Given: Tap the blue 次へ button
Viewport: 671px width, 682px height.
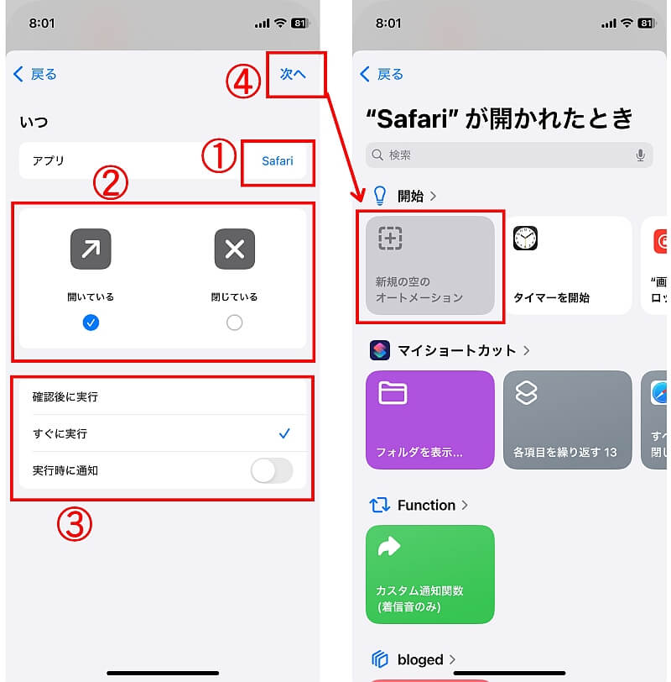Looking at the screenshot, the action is (293, 74).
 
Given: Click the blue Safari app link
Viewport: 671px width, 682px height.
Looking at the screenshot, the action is (277, 161).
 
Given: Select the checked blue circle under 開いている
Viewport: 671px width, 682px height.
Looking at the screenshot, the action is (91, 323).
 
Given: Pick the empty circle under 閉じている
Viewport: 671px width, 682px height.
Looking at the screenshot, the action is (235, 323).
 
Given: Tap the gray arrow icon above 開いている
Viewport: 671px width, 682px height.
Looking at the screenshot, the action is (91, 249).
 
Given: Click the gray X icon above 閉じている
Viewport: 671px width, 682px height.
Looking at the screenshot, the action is (235, 249).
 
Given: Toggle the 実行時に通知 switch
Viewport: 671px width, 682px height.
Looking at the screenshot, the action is (272, 470).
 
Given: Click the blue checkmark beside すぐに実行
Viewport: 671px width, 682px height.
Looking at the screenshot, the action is (284, 433).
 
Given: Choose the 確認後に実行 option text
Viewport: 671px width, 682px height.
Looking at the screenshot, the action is (65, 396).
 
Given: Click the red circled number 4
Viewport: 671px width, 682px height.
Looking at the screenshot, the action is (243, 81).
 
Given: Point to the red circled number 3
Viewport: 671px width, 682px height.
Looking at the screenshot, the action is (75, 524).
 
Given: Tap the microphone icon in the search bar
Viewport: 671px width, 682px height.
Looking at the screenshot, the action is (640, 155).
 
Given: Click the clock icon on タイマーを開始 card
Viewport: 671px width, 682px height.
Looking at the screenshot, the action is (525, 239).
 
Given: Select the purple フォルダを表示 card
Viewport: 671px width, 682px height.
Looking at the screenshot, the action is (430, 420).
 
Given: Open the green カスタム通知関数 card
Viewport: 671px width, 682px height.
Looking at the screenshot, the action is (430, 574).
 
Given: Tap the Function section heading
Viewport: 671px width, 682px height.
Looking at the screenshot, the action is (426, 505).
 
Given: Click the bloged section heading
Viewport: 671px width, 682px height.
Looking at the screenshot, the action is (420, 659).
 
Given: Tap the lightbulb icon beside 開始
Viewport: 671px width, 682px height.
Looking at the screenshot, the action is (380, 196).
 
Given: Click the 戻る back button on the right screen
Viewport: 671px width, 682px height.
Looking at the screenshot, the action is (382, 74).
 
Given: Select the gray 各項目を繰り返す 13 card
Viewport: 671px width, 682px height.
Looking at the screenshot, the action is (567, 420).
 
